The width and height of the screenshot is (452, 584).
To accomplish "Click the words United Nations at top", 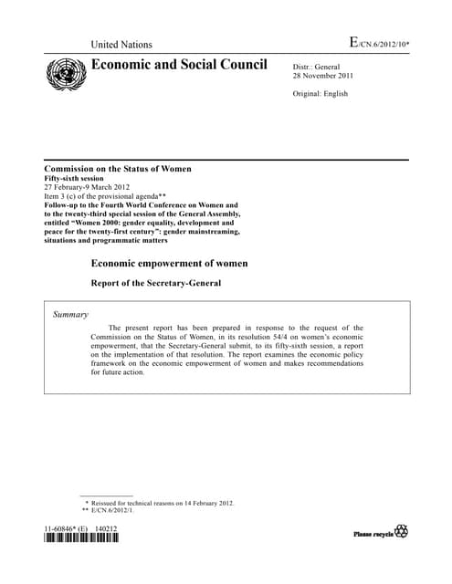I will [121, 45].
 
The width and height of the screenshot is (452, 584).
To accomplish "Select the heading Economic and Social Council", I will [179, 65].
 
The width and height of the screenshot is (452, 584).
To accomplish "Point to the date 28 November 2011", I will [323, 76].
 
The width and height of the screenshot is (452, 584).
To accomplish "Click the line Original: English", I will [321, 94].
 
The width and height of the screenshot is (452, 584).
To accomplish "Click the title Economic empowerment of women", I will [169, 264].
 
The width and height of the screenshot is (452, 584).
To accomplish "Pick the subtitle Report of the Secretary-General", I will [155, 283].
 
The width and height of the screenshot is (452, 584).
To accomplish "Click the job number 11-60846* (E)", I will [66, 528].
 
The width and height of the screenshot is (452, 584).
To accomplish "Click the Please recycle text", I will [373, 533].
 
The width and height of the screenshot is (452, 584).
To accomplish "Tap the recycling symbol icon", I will [402, 532].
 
